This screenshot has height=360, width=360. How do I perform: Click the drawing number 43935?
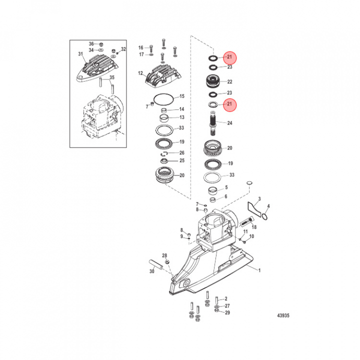tap(283, 315)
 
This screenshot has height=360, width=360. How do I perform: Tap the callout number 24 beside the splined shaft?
tap(229, 123)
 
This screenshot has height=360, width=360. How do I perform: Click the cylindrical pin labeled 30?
tap(156, 264)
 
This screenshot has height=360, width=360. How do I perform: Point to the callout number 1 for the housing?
tap(259, 270)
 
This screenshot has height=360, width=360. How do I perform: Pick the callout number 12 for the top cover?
tap(140, 73)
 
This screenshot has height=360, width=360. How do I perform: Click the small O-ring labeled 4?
tap(264, 216)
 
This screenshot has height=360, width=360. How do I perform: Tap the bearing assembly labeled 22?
tap(213, 81)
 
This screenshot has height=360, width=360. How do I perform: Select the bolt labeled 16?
tap(151, 49)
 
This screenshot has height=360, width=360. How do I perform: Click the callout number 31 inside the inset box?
tap(80, 54)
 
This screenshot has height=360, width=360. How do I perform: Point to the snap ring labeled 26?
tap(164, 153)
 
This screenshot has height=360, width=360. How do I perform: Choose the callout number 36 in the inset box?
tap(91, 44)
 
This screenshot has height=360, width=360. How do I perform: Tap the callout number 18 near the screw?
tap(254, 227)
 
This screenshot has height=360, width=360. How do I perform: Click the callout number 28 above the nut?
tap(164, 255)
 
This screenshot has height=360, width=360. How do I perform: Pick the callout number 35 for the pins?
tap(112, 77)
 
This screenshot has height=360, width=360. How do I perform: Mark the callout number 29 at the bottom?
tap(227, 312)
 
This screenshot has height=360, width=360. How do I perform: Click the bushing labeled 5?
tap(213, 190)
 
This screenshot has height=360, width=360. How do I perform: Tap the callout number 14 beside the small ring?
tap(181, 109)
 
